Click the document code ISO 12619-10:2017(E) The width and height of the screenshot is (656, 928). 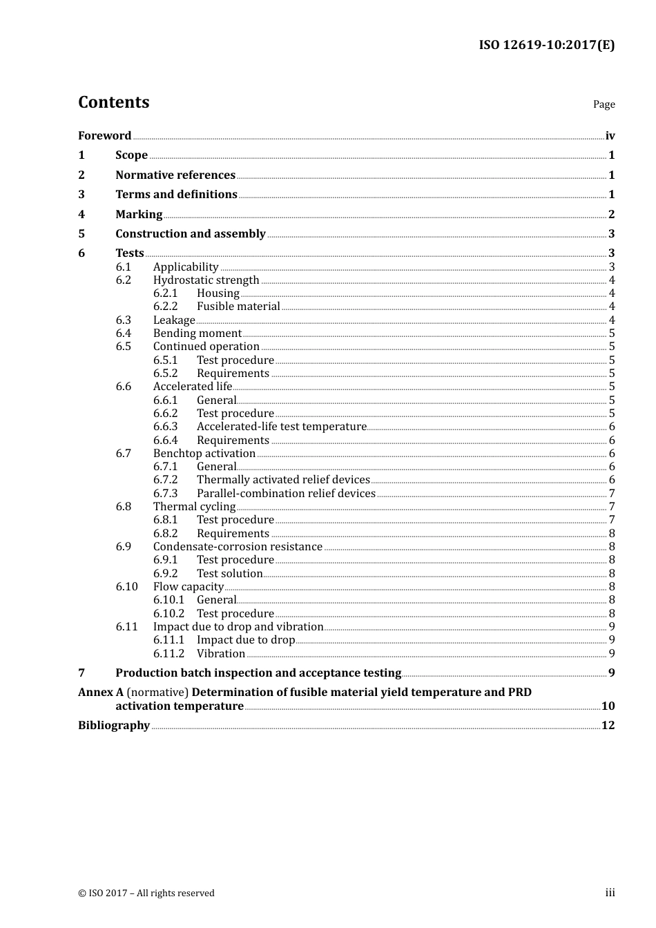point(546,46)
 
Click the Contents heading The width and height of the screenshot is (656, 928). point(113,102)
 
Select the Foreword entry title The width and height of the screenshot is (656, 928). point(104,136)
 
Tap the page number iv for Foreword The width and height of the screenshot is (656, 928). point(610,136)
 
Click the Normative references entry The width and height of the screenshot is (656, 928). point(175,175)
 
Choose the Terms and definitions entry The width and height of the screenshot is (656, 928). point(176,195)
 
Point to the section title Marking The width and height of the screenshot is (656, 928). point(139,215)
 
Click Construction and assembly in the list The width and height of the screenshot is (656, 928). point(190,234)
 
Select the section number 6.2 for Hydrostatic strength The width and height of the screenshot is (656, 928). point(124,280)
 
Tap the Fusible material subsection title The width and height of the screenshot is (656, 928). point(238,307)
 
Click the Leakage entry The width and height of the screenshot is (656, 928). point(174,320)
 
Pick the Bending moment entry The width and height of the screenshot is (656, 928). point(197,333)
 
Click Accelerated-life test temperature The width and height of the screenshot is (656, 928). point(281,427)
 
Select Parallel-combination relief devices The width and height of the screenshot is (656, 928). point(286,494)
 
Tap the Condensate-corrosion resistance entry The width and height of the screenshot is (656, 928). point(238,547)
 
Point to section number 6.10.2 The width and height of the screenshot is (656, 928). point(169,614)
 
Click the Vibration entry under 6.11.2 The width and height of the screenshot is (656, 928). point(221,654)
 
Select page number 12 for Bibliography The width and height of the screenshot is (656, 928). point(608,726)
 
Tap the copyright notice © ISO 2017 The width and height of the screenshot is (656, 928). point(146,893)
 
